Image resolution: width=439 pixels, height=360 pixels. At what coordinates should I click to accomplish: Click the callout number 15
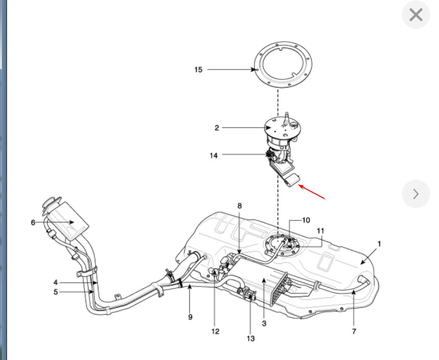(x=198, y=69)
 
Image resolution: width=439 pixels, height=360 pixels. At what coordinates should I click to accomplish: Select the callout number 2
(x=217, y=128)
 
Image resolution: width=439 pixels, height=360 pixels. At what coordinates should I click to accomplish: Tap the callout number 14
(x=214, y=155)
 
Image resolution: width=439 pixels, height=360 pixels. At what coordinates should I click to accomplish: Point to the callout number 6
(x=33, y=222)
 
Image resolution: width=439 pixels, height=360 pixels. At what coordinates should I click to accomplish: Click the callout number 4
(x=55, y=283)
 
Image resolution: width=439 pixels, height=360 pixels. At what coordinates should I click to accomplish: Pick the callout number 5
(x=55, y=292)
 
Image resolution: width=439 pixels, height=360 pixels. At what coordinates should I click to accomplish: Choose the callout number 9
(x=190, y=317)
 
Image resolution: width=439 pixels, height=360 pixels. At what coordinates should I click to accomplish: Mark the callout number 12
(x=215, y=331)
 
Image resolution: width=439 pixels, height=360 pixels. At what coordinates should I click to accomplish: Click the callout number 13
(x=250, y=338)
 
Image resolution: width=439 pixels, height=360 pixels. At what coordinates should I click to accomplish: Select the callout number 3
(x=265, y=323)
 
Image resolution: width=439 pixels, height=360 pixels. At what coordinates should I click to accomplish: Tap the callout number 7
(x=354, y=332)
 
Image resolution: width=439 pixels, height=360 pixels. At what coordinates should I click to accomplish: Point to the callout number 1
(x=379, y=244)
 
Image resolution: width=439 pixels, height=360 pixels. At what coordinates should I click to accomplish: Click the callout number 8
(x=239, y=206)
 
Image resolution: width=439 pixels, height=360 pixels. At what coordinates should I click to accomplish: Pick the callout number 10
(x=306, y=220)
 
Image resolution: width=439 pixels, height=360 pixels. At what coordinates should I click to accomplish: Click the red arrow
(x=312, y=192)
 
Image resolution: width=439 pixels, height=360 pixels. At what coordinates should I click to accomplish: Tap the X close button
(x=416, y=15)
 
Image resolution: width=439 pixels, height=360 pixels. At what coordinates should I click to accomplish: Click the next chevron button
(x=416, y=193)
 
